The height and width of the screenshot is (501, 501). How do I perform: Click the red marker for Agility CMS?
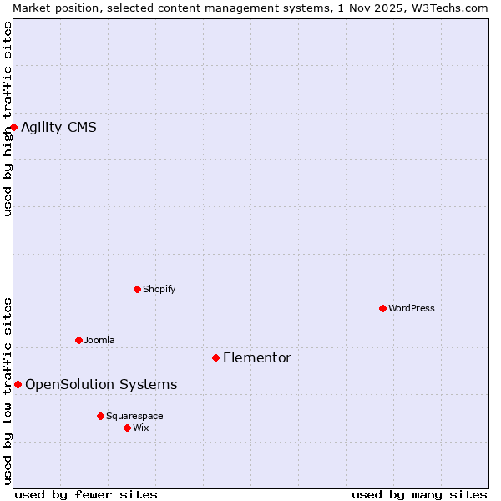(14, 127)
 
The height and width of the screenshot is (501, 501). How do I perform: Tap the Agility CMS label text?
(58, 127)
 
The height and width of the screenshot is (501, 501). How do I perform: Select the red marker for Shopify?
(137, 289)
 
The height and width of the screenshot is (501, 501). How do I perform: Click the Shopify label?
(159, 289)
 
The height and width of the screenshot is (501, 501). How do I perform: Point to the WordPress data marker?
(382, 308)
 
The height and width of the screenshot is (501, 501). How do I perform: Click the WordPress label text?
(411, 308)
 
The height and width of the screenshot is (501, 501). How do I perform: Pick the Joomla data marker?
(78, 340)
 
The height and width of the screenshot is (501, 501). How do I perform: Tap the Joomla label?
(99, 340)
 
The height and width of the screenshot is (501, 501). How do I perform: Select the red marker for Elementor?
(215, 357)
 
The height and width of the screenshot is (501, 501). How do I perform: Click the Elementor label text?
(256, 357)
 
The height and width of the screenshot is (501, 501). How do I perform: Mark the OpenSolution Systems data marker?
(18, 384)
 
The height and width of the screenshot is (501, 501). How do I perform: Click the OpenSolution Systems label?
(101, 384)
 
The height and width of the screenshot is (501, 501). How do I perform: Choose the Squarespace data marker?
(100, 416)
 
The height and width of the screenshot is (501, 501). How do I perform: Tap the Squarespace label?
(134, 416)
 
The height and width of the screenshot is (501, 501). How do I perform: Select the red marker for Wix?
(127, 428)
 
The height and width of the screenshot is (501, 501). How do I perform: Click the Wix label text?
(141, 428)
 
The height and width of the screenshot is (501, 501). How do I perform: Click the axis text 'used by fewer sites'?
(86, 494)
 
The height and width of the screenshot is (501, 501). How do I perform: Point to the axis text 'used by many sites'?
(419, 494)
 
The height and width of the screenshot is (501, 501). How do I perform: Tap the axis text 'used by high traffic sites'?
(8, 119)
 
